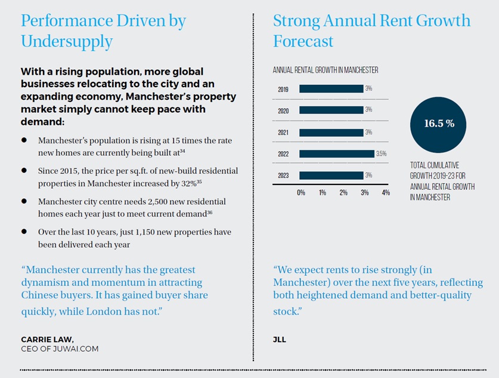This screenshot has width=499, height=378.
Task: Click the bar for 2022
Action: (337, 154)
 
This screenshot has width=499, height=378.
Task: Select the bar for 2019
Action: (331, 88)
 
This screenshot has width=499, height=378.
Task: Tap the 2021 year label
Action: (284, 132)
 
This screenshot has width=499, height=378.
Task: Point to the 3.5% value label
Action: (382, 154)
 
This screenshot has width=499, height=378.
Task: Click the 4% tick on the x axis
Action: (386, 193)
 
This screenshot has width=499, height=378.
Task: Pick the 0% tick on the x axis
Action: (301, 193)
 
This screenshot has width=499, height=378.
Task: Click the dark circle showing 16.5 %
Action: (439, 124)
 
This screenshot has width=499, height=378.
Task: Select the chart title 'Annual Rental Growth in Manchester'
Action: (326, 70)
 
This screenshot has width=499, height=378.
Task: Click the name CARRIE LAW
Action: (48, 339)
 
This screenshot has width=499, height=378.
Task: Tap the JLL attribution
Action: (280, 339)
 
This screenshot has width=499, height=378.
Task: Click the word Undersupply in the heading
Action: (66, 42)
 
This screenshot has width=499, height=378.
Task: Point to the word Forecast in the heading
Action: (303, 42)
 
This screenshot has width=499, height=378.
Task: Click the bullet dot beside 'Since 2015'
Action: (24, 171)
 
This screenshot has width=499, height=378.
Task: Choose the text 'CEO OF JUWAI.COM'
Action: (60, 349)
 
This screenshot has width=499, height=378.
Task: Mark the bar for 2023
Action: (331, 176)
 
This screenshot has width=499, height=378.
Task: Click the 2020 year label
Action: (284, 110)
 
